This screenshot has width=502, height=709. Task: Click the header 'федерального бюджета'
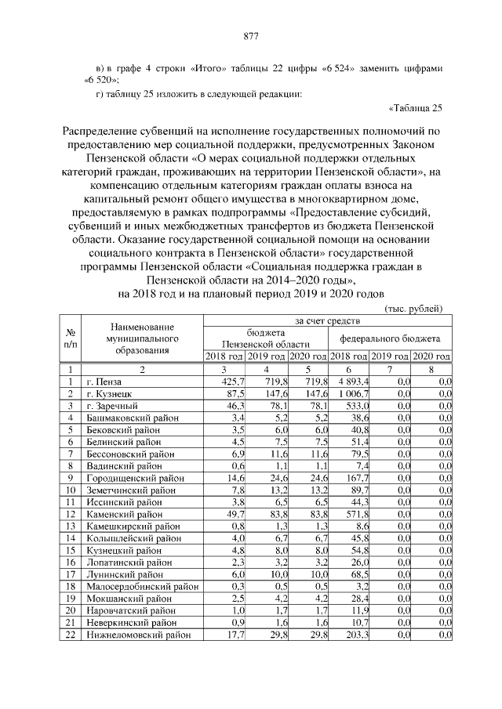389,338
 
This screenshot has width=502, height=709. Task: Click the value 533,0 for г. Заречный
356,407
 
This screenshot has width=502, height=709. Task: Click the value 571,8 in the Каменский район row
356,514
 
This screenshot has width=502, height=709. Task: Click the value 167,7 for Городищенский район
356,478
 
